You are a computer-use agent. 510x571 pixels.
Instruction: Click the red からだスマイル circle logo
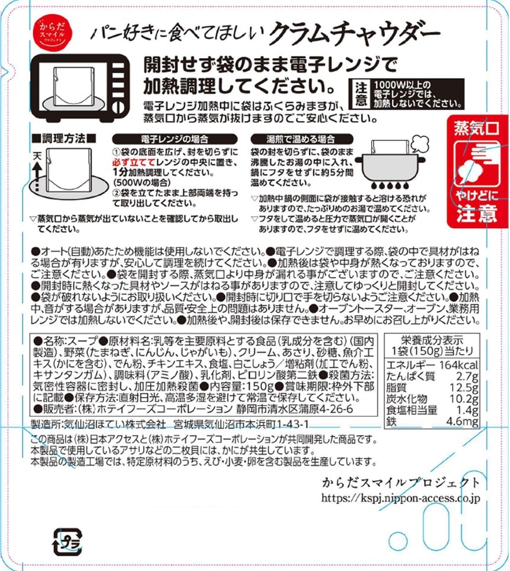tap(55, 33)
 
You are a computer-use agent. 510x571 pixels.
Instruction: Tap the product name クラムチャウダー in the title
tap(355, 35)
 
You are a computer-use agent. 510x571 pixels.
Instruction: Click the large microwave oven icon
tap(80, 88)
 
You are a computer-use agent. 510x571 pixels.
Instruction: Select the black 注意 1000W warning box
tap(406, 94)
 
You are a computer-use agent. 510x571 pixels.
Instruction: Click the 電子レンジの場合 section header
tap(174, 139)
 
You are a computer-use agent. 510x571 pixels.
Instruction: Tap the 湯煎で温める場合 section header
tap(302, 139)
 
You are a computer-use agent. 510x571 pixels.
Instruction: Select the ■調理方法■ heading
tap(64, 138)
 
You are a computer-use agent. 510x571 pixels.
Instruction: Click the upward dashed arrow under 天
tap(37, 177)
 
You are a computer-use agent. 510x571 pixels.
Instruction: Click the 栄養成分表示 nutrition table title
tap(432, 340)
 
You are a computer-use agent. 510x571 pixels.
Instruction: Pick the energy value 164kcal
tap(458, 365)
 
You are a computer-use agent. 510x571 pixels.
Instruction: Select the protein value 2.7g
tap(467, 377)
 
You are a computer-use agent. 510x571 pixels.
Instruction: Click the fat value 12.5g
tap(464, 388)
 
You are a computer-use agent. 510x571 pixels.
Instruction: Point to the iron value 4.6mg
tap(463, 422)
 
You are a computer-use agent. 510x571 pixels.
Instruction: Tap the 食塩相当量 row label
tap(412, 410)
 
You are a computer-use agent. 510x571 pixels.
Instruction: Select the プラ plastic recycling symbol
tap(68, 543)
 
